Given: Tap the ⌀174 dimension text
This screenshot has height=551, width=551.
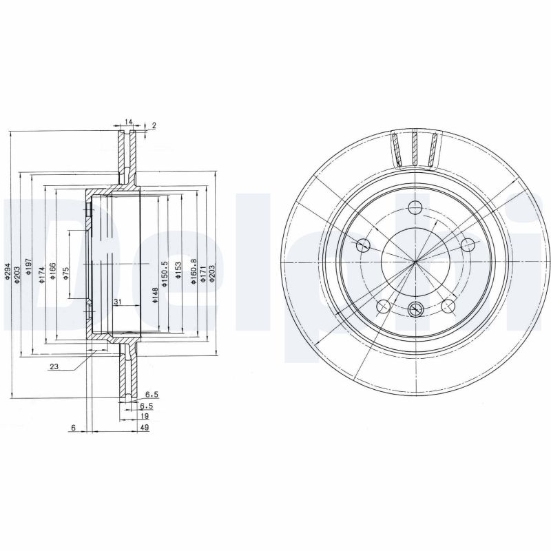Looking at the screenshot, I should click(41, 274).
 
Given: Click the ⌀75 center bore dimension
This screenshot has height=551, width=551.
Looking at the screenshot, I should click(66, 273).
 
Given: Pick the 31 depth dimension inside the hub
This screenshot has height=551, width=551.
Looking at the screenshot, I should click(117, 302).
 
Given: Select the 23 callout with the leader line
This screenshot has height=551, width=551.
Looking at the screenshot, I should click(54, 367).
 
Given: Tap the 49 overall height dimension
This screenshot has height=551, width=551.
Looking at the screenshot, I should click(145, 428).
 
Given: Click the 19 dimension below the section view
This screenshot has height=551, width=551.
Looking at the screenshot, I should click(145, 417).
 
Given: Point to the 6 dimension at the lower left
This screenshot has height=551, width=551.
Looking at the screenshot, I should click(72, 428).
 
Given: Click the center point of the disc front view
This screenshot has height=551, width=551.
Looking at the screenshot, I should click(416, 261).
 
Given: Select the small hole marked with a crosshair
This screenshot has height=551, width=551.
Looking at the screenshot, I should click(415, 309).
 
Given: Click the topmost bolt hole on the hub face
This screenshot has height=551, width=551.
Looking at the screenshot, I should click(415, 207).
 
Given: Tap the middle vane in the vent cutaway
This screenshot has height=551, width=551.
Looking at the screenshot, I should click(415, 148).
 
